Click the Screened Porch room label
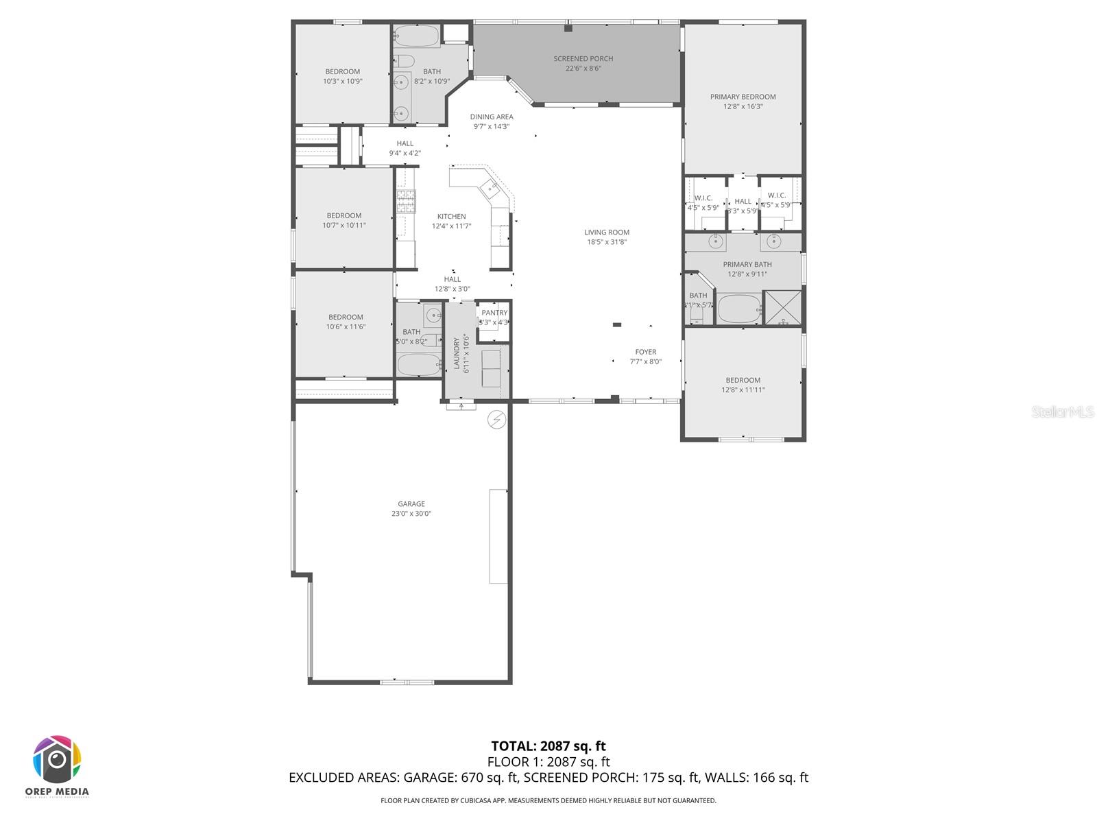pyautogui.click(x=583, y=59)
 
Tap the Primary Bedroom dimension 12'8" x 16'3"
pyautogui.click(x=743, y=106)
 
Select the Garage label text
pyautogui.click(x=411, y=504)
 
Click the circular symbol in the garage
pyautogui.click(x=496, y=420)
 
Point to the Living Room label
pyautogui.click(x=607, y=232)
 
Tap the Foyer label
pyautogui.click(x=645, y=352)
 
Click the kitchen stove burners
pyautogui.click(x=406, y=202)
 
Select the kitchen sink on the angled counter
pyautogui.click(x=491, y=185)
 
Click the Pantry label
pyautogui.click(x=494, y=313)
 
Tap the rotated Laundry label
pyautogui.click(x=457, y=354)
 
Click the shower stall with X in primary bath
pyautogui.click(x=782, y=307)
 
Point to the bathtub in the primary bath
pyautogui.click(x=739, y=309)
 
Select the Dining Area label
pyautogui.click(x=492, y=117)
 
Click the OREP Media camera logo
pyautogui.click(x=58, y=760)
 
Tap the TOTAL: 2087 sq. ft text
pyautogui.click(x=548, y=746)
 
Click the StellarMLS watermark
pyautogui.click(x=1063, y=411)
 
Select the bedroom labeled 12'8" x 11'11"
pyautogui.click(x=743, y=384)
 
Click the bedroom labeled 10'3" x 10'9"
pyautogui.click(x=342, y=75)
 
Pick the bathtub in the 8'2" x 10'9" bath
pyautogui.click(x=417, y=36)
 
